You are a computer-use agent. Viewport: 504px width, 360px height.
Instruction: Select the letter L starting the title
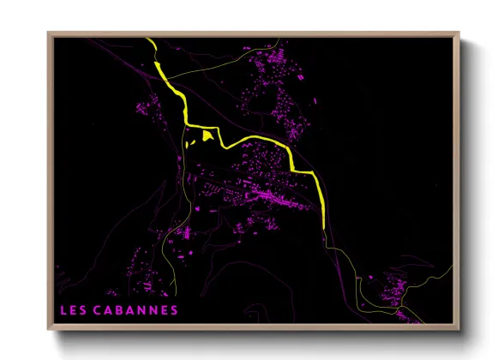[63, 309]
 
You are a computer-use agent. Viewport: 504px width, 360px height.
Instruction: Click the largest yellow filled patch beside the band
[207, 135]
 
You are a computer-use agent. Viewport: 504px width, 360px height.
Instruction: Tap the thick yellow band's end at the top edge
[151, 40]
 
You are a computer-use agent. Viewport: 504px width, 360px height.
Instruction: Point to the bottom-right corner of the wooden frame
[460, 328]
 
